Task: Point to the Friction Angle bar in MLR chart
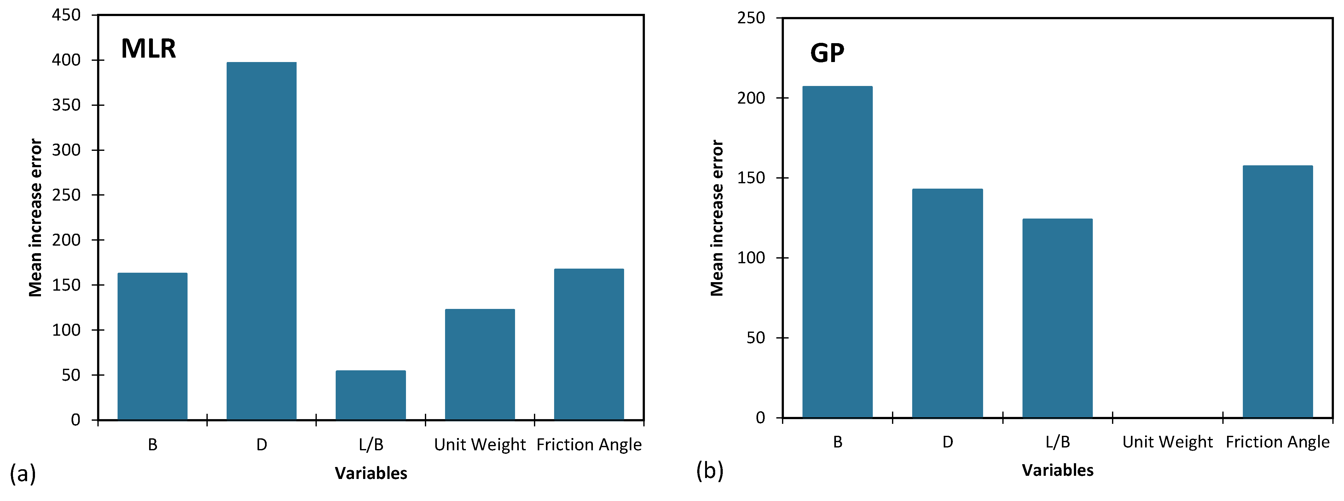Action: pyautogui.click(x=588, y=344)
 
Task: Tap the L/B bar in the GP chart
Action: pyautogui.click(x=1057, y=318)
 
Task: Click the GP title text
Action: pyautogui.click(x=827, y=53)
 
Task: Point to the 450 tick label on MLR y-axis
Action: pyautogui.click(x=66, y=15)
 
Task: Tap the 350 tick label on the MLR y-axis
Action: pyautogui.click(x=66, y=105)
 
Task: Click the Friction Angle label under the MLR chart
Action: pyautogui.click(x=588, y=445)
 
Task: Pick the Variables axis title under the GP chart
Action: pyautogui.click(x=1057, y=470)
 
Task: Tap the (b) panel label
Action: pyautogui.click(x=710, y=471)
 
